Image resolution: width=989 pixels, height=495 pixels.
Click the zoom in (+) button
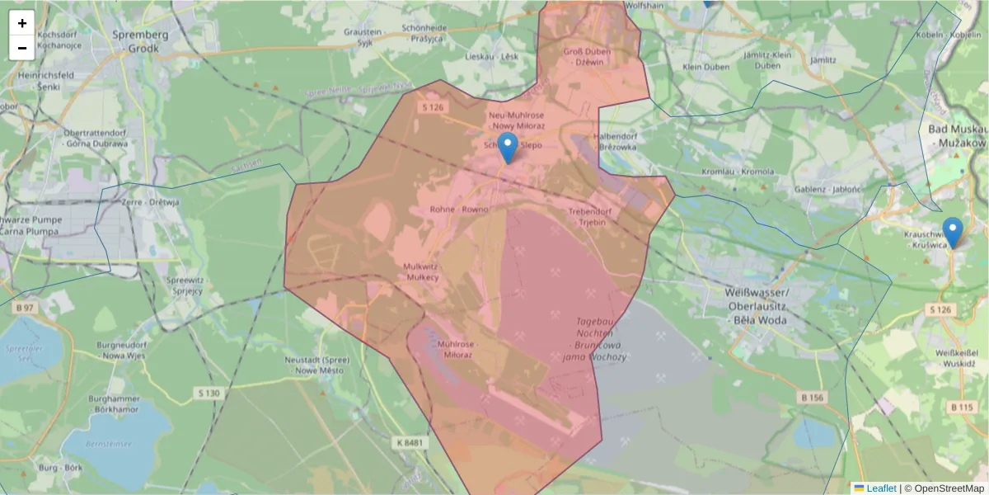point(22,23)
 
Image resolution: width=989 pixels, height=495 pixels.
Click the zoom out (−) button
point(22,48)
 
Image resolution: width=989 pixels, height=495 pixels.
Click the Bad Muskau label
point(956,136)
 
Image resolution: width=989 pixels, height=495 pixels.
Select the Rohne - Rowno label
point(459,210)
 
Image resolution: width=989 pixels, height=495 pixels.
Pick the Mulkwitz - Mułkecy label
point(421,272)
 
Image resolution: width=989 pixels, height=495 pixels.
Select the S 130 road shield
point(209,394)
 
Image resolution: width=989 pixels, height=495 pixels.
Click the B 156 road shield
point(812,398)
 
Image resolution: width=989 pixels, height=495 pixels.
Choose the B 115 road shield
point(961,407)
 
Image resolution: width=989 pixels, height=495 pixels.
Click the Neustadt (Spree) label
point(316,365)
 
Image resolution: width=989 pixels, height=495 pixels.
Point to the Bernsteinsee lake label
point(108,443)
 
